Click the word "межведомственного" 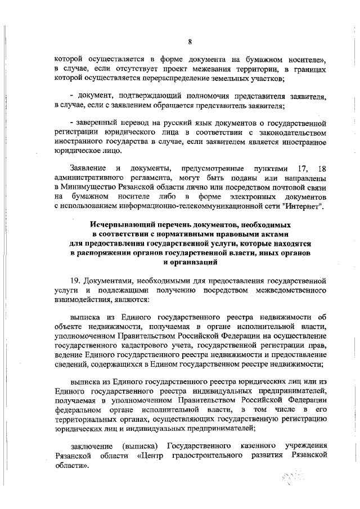[x=291, y=290]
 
